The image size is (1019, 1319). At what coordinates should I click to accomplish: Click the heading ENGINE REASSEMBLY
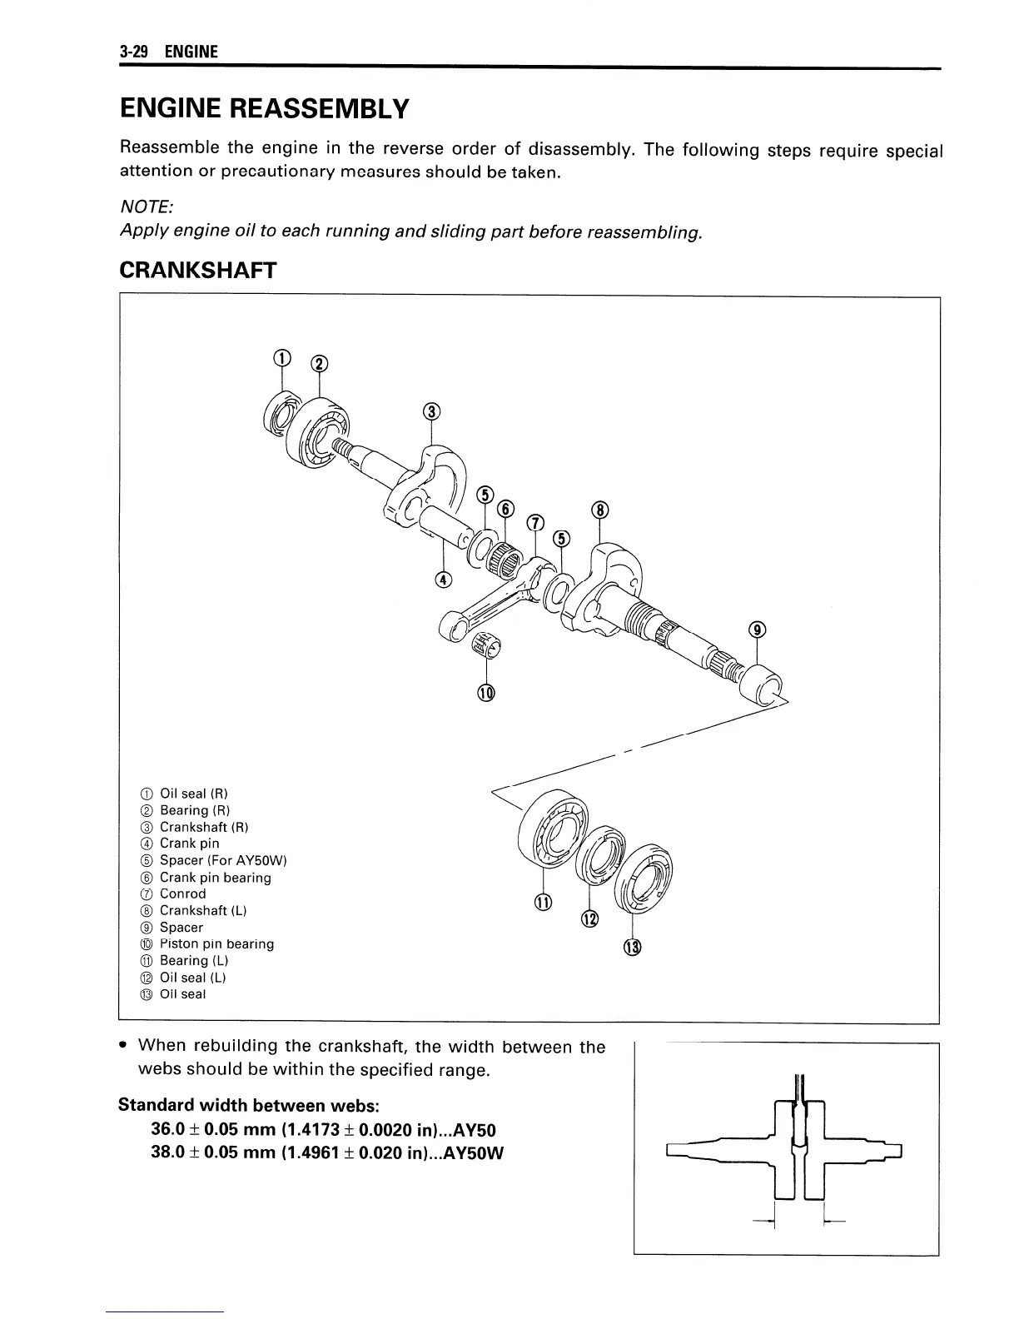coord(265,109)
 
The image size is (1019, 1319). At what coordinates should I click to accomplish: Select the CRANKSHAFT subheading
coord(197,271)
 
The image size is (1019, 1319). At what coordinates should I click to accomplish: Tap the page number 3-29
coord(133,52)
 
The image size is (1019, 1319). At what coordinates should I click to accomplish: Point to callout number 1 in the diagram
coord(282,359)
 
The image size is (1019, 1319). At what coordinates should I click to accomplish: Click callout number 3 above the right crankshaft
coord(430,412)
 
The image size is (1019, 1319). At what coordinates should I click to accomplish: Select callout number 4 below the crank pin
coord(444,579)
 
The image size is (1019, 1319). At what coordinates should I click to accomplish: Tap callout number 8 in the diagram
coord(602,510)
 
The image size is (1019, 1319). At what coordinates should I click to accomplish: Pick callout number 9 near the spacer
coord(757,630)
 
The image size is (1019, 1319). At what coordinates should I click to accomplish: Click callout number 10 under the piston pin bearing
coord(485,692)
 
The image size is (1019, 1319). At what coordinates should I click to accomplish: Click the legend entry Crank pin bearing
coord(215,878)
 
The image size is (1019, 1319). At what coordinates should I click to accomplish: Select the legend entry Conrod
coord(182,894)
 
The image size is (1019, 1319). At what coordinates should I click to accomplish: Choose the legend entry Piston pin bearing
coord(216,944)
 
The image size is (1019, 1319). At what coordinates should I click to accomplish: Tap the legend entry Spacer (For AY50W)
coord(222,861)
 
